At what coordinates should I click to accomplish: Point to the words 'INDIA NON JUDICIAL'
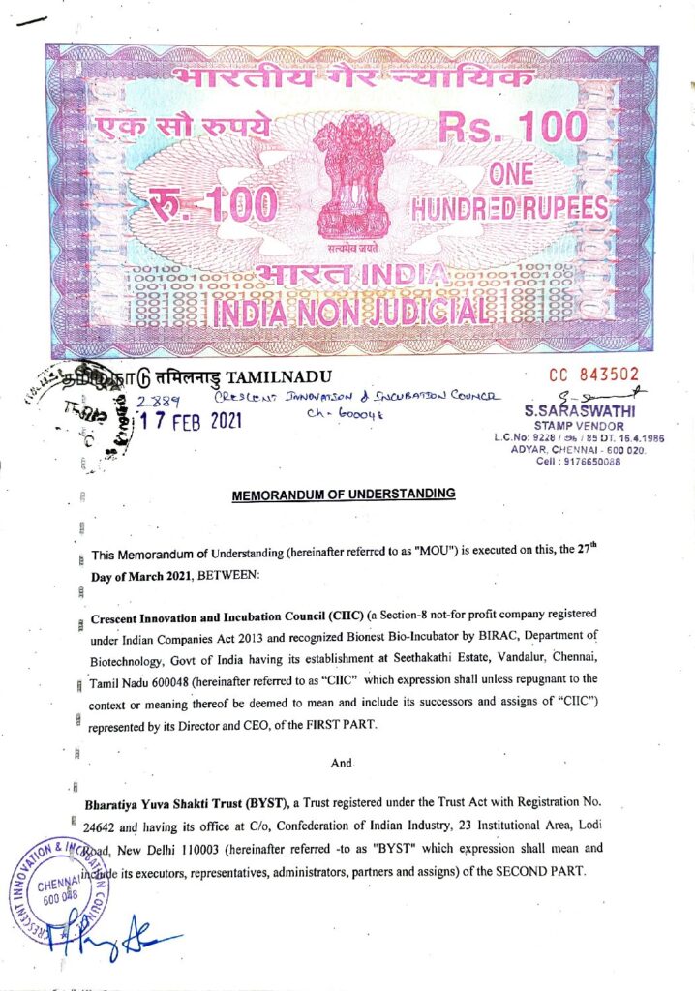click(x=350, y=313)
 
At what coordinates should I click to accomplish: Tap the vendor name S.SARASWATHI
click(x=579, y=410)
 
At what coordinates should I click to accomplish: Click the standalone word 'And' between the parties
click(x=342, y=764)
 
